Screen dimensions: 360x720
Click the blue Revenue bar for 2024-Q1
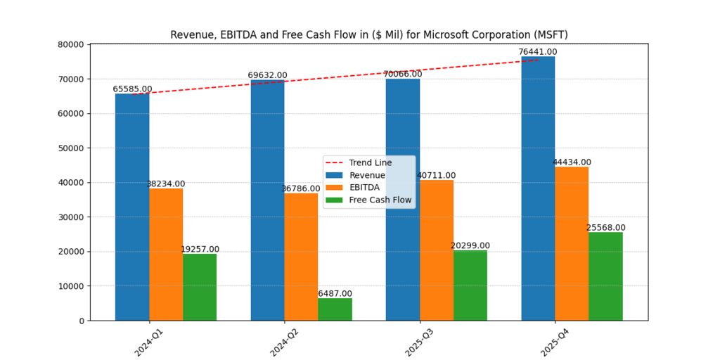click(132, 207)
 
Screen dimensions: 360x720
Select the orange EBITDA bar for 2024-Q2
click(301, 257)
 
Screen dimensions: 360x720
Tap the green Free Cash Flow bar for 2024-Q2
click(335, 309)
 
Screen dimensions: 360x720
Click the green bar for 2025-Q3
click(470, 285)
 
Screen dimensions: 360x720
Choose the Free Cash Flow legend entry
click(380, 200)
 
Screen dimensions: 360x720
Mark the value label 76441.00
click(538, 52)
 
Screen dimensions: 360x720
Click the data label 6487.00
click(335, 293)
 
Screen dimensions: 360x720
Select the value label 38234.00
click(166, 184)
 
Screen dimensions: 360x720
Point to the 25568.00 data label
click(605, 228)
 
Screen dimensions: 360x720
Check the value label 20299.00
click(470, 246)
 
